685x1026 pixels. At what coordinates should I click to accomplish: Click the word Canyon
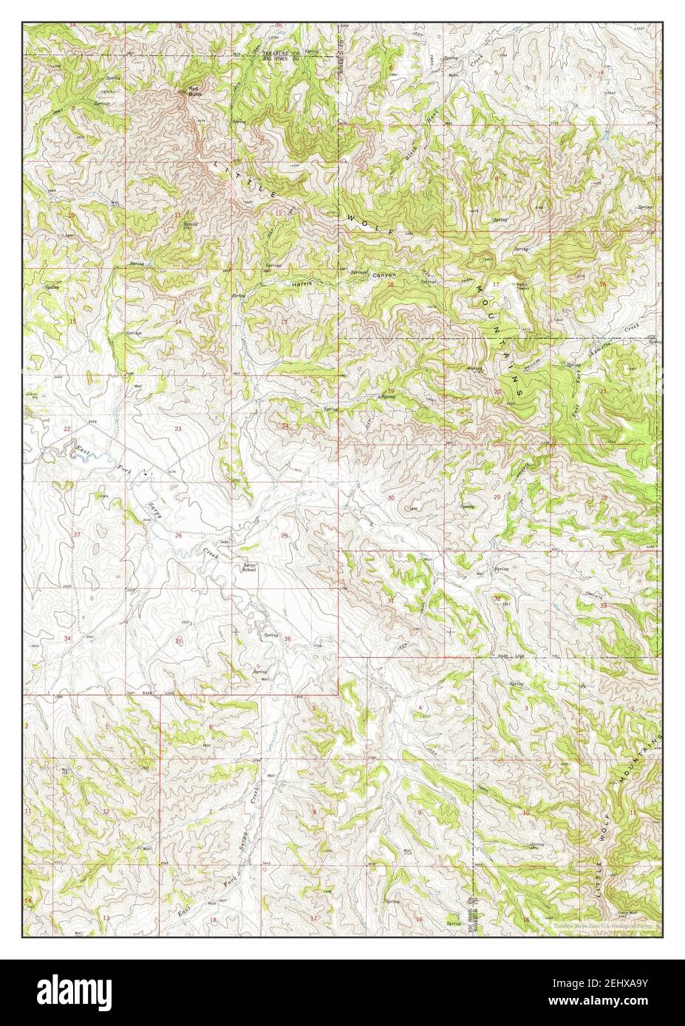[384, 276]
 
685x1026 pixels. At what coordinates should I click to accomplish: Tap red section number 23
[178, 429]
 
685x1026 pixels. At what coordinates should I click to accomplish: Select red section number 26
[178, 535]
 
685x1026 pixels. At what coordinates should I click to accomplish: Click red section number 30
[391, 499]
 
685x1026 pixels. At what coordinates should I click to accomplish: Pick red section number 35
[178, 641]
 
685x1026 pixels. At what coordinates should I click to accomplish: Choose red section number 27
[76, 534]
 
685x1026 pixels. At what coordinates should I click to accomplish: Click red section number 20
[497, 391]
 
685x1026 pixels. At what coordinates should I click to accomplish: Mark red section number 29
[497, 497]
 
